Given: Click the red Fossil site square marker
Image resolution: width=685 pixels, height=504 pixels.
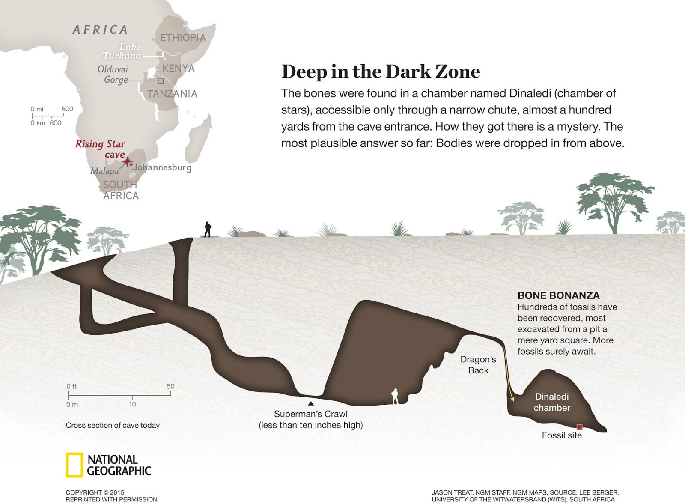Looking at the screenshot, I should (580, 427).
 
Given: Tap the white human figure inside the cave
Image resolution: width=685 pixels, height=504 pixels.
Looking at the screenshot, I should (395, 396).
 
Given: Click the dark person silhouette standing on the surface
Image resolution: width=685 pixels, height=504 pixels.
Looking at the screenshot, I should (208, 230).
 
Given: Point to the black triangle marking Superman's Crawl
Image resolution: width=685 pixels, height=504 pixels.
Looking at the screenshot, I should (311, 403).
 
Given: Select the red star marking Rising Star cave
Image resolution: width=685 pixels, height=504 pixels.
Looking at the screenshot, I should (127, 161).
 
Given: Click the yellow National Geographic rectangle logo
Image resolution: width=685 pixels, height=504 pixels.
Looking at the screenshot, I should (74, 465).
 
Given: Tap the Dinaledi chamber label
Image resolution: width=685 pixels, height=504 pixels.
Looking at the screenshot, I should (552, 402).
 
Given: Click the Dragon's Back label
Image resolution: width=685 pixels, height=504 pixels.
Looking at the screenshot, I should (478, 365).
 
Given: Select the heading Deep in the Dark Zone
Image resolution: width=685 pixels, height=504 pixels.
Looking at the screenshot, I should (381, 72).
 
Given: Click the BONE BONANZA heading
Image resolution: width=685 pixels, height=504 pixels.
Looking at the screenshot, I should (558, 295).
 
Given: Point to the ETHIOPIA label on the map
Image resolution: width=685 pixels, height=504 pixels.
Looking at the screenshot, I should (183, 38).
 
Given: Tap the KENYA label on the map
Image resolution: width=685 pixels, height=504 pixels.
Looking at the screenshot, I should (178, 69).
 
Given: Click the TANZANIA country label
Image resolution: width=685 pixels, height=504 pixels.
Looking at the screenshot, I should (172, 94).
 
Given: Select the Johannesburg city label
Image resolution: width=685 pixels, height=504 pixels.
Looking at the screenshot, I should (162, 167).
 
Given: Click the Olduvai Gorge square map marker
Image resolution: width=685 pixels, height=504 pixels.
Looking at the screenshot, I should (161, 81).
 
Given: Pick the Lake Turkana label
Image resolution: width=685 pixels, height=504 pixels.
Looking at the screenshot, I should (122, 51).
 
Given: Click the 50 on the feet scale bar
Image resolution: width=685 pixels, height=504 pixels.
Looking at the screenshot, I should (170, 386).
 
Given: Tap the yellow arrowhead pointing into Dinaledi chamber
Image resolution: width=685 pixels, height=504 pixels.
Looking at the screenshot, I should (512, 399).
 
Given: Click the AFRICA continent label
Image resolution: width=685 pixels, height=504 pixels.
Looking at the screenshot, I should (100, 30).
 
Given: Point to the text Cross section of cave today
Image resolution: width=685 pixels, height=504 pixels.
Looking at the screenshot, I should (113, 425).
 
